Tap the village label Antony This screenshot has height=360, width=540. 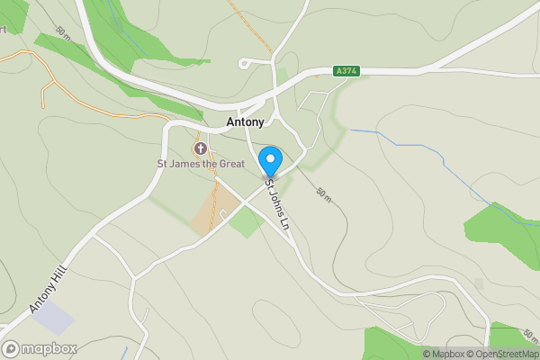pos(244,123)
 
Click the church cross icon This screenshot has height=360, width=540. pos(199,148)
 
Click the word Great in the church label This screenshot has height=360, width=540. pos(228,164)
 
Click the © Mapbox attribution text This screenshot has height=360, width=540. pos(445,354)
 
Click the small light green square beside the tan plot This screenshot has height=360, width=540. pos(246,221)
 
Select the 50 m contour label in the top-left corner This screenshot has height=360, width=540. pos(62,31)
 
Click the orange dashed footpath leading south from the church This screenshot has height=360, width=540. pos(215,193)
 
